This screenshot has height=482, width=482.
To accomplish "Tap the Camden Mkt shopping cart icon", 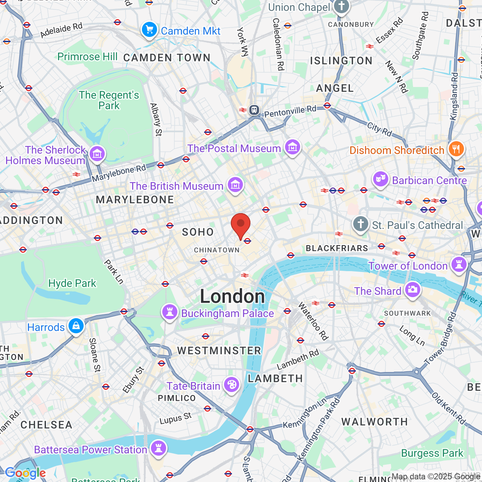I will (149, 30).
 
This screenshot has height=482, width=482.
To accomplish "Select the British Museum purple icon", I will (235, 185).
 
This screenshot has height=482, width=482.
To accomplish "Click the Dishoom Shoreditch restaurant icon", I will (456, 149).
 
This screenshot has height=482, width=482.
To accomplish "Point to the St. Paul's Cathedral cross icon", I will (360, 224).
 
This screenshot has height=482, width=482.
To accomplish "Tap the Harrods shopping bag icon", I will (76, 326).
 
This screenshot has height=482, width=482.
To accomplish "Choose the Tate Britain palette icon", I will (232, 385).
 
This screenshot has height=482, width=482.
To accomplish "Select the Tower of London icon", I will (459, 265).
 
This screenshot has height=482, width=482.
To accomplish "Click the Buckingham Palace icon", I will (170, 312).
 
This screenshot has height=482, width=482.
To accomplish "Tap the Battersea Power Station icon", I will (159, 448).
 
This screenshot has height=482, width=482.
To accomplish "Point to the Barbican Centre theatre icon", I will (381, 180).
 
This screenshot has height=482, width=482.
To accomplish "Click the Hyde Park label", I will (72, 283).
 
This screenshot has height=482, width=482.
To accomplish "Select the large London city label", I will (232, 296).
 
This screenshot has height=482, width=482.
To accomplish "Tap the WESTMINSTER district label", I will (219, 351).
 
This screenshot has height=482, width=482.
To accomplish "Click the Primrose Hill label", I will (87, 57).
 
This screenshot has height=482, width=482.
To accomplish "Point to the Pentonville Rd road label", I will (290, 111).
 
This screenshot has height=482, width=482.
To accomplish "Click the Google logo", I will (26, 473).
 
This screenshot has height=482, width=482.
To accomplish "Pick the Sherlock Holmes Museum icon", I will (98, 154).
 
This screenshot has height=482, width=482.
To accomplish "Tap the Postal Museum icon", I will (293, 147).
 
